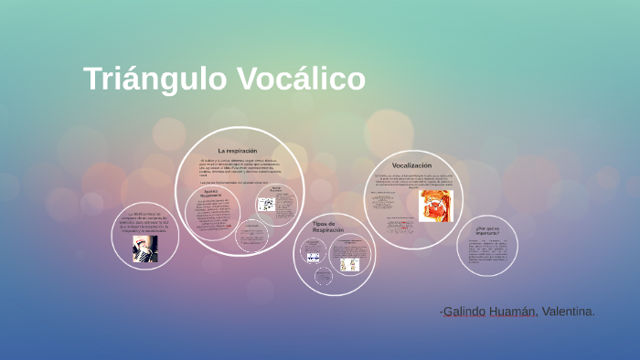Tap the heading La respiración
click(x=237, y=150)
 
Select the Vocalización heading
click(x=411, y=165)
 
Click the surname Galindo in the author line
click(x=470, y=312)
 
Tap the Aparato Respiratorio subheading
click(x=212, y=194)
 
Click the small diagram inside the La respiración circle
click(x=266, y=204)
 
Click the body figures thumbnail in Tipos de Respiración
click(x=349, y=264)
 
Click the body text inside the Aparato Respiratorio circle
click(x=211, y=216)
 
